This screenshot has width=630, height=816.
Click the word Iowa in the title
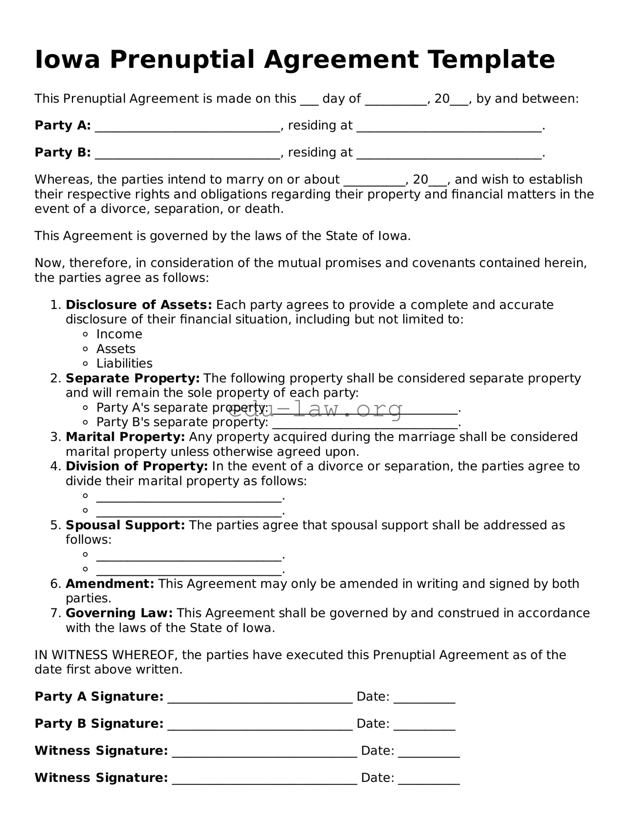[67, 60]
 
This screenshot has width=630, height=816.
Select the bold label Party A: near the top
[62, 125]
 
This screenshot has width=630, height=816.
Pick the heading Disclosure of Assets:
[139, 305]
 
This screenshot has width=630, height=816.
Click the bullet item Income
[119, 334]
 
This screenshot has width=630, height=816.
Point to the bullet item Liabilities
[124, 363]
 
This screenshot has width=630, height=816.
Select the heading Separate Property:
[133, 378]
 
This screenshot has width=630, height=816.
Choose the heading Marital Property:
[125, 437]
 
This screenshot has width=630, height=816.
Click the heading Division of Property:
[137, 466]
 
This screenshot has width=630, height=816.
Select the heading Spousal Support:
[125, 525]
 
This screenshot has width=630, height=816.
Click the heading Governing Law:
[119, 613]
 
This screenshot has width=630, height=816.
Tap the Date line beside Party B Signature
[424, 725]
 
